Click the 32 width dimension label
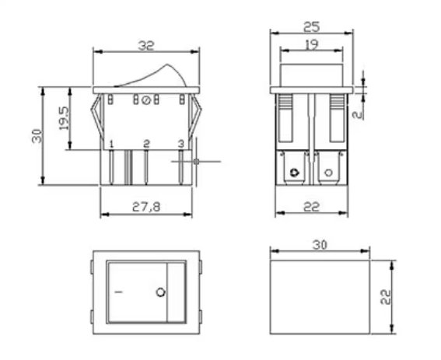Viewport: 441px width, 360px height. (x=145, y=46)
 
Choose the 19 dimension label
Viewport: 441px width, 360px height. (x=312, y=45)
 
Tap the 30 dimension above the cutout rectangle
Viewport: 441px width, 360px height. (x=319, y=244)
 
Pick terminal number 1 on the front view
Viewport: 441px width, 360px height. (x=112, y=144)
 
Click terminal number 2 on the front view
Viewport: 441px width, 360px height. (x=146, y=144)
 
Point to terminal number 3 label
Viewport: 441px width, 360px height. (x=180, y=144)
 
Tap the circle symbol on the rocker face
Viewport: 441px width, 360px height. (x=161, y=292)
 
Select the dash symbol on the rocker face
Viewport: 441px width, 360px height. (x=119, y=292)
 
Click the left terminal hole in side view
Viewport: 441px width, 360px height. (x=293, y=172)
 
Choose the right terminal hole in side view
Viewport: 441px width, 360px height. (x=327, y=172)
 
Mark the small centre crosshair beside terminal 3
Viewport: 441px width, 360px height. (x=196, y=161)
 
